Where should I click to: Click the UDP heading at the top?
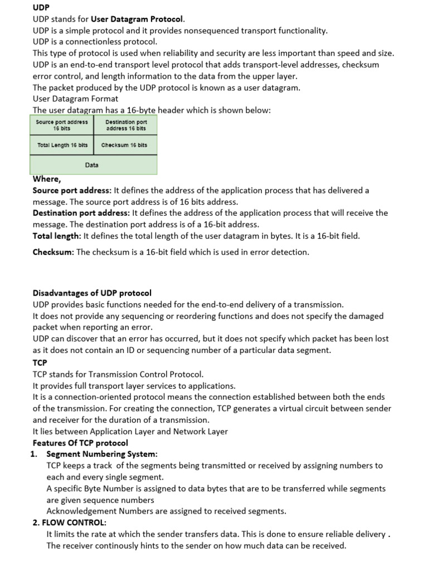point(41,7)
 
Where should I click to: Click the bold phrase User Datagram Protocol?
point(137,19)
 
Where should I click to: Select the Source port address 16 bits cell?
point(61,125)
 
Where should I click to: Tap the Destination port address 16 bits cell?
point(126,125)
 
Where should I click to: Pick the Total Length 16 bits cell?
point(62,145)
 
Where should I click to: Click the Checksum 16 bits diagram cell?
point(124,145)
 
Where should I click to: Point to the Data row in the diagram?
point(92,165)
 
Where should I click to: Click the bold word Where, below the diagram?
point(47,179)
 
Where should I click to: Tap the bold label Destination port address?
point(81,213)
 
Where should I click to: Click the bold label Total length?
point(57,236)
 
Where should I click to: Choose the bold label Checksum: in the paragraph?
point(53,252)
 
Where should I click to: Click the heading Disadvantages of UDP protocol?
point(92,293)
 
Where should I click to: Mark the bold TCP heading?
point(40,362)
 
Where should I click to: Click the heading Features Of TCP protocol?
point(80,443)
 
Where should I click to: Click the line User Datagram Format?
point(75,99)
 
